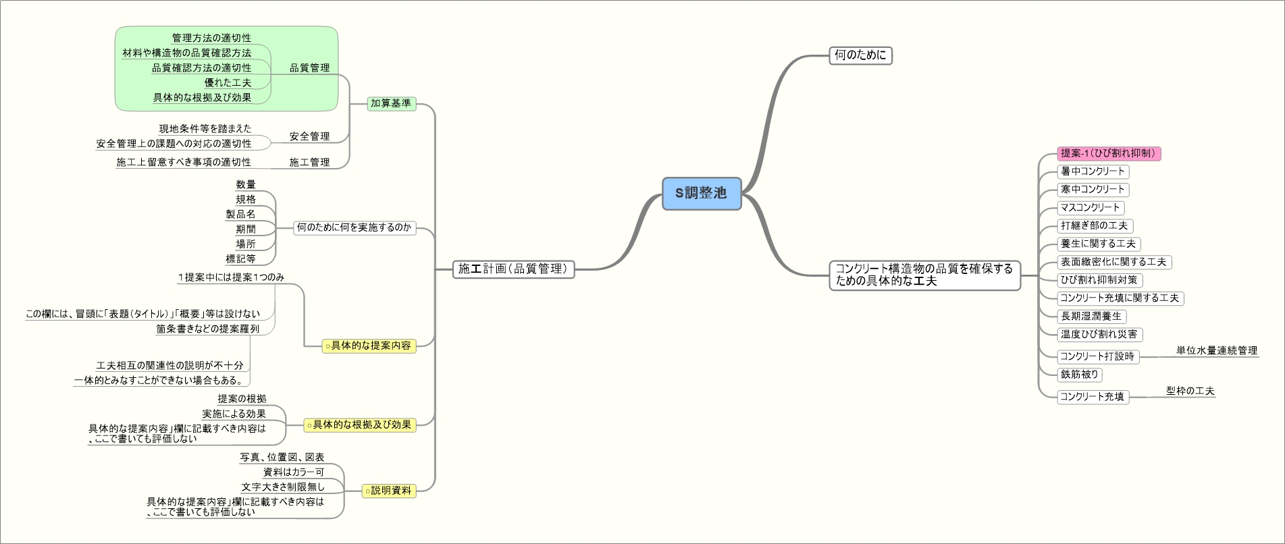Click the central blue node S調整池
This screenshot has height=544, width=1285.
(x=702, y=194)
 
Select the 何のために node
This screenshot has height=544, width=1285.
(x=860, y=55)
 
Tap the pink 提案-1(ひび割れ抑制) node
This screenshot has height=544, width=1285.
(x=1109, y=153)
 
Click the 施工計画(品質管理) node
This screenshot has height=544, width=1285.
(x=513, y=269)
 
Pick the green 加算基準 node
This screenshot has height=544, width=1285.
(x=391, y=103)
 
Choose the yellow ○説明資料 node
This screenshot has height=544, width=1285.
(x=389, y=491)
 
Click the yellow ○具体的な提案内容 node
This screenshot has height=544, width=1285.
(x=369, y=346)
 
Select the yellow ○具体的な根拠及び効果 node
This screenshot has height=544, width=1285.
(x=360, y=425)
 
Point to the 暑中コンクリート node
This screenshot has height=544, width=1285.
(x=1093, y=171)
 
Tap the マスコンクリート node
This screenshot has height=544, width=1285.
(x=1090, y=208)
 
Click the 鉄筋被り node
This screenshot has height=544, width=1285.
(x=1080, y=375)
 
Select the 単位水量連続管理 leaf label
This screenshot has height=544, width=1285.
(x=1217, y=350)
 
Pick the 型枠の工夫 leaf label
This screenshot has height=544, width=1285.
(x=1190, y=391)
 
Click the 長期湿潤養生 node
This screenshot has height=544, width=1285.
(x=1091, y=316)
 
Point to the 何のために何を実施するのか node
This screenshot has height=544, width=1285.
(x=355, y=227)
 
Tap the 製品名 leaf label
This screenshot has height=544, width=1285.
(x=240, y=214)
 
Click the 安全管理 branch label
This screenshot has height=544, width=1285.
(x=309, y=136)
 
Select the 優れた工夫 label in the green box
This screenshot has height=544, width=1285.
(x=228, y=82)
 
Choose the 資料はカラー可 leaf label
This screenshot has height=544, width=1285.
(x=294, y=472)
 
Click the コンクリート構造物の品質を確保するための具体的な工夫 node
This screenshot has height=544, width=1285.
(x=924, y=275)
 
